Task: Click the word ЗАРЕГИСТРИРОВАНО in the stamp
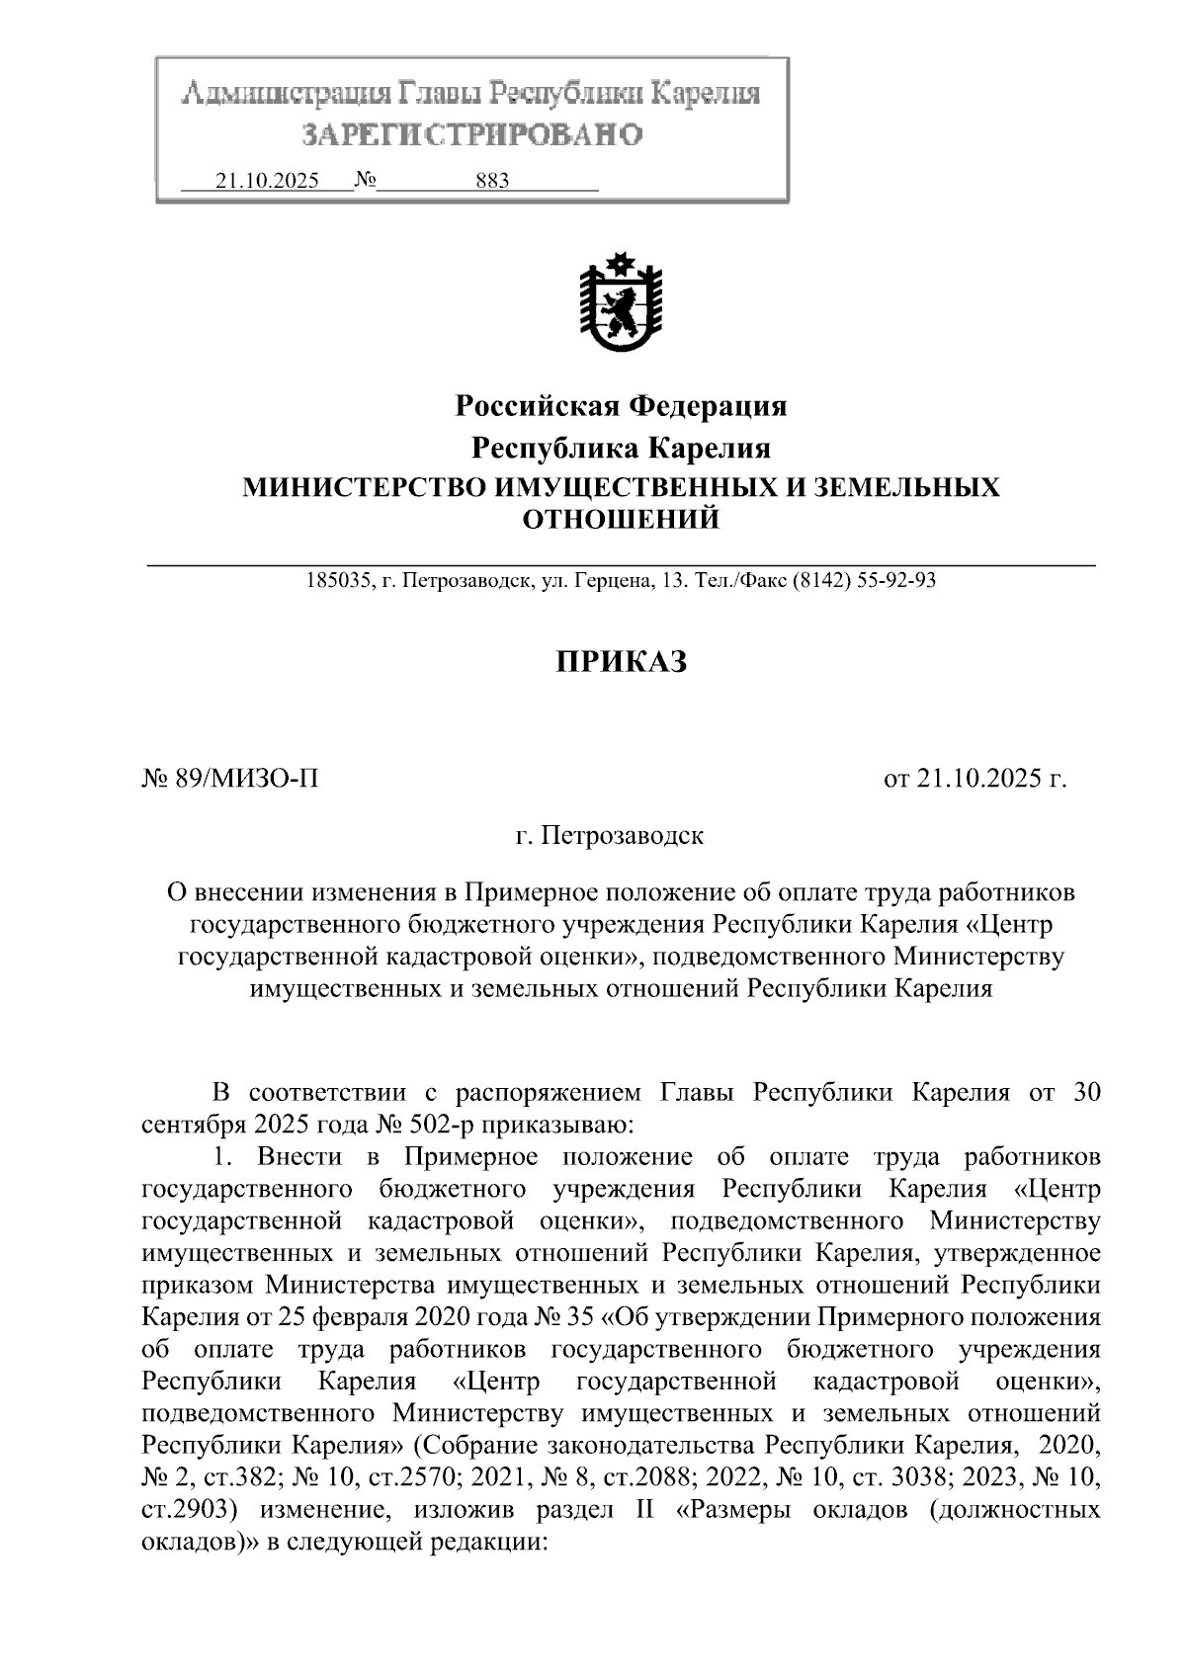click(x=472, y=134)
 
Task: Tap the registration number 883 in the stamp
click(x=492, y=182)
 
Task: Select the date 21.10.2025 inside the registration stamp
click(x=267, y=182)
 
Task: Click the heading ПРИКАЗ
click(x=621, y=662)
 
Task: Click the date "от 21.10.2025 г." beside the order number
click(x=975, y=780)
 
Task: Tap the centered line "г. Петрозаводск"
click(x=610, y=836)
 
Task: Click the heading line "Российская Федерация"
click(x=621, y=406)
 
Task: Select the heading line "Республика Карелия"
click(x=621, y=449)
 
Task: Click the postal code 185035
click(x=336, y=581)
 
